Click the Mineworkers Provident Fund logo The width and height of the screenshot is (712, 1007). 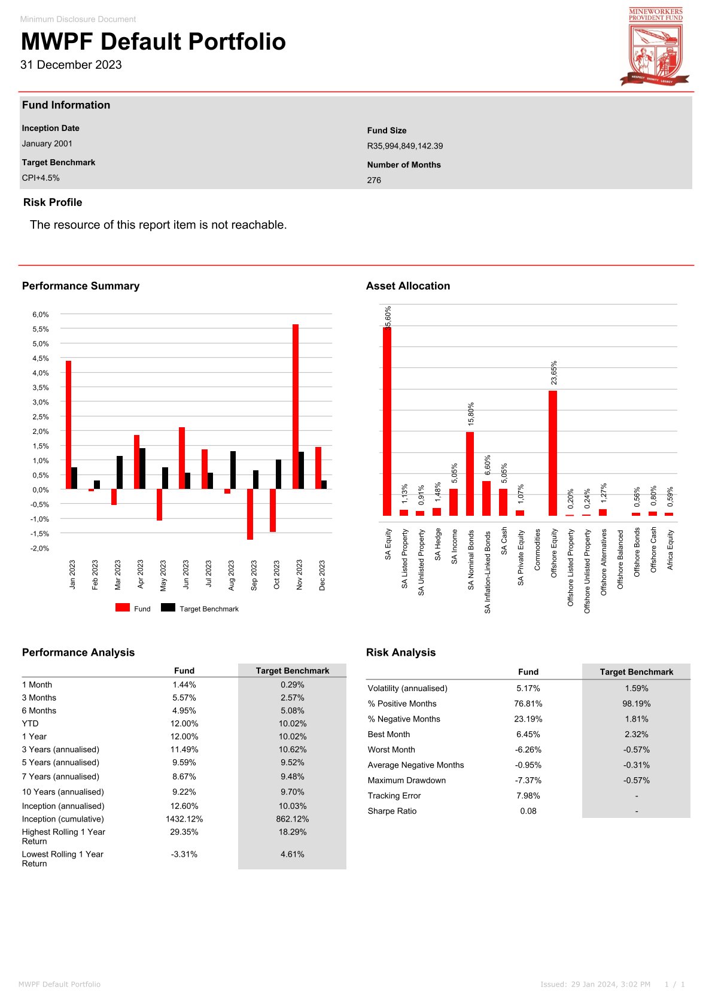656,46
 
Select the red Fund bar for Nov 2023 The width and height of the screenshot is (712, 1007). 296,406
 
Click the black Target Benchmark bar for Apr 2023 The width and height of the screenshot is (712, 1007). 142,468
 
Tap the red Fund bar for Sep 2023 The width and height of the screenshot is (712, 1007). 250,514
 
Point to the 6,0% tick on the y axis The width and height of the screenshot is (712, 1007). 41,315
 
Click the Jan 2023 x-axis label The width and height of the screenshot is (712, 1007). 72,574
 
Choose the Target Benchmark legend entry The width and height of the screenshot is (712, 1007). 200,609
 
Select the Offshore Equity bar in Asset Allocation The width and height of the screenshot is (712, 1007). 553,453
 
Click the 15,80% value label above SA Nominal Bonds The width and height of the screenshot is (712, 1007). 471,413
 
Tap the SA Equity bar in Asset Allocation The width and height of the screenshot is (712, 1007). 387,421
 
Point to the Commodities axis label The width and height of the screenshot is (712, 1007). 537,549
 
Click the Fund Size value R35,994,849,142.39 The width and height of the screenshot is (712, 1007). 405,146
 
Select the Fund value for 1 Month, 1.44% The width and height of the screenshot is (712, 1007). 184,684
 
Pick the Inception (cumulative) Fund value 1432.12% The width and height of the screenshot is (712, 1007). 184,819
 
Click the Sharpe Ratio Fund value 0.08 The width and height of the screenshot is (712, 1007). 528,811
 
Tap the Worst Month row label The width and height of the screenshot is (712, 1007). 391,750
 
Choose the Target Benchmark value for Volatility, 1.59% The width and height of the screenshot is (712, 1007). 637,688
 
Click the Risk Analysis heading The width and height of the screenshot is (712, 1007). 401,652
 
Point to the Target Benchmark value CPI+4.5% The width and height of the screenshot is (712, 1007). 41,178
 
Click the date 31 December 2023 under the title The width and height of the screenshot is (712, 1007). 71,65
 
